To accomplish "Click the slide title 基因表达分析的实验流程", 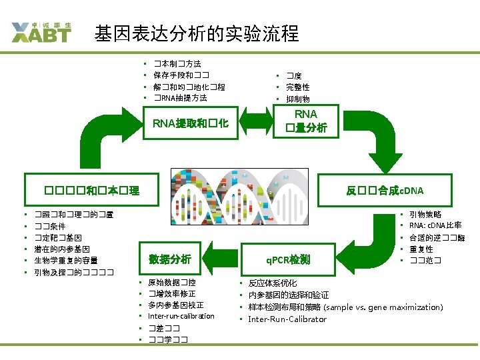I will pyautogui.click(x=197, y=33).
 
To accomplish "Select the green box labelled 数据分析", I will pyautogui.click(x=170, y=259).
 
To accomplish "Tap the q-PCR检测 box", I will pyautogui.click(x=287, y=259).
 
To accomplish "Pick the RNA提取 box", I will pyautogui.click(x=191, y=123).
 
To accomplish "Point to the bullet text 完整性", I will pyautogui.click(x=297, y=87).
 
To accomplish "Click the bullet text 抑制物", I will pyautogui.click(x=297, y=99).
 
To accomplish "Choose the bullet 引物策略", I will pyautogui.click(x=425, y=215).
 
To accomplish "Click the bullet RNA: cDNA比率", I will pyautogui.click(x=435, y=225).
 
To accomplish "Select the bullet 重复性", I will pyautogui.click(x=421, y=249).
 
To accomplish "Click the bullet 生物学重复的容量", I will pyautogui.click(x=66, y=260).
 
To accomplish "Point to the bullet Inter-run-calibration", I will pyautogui.click(x=181, y=316).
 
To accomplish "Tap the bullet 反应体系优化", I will pyautogui.click(x=273, y=283).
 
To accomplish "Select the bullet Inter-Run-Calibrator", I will pyautogui.click(x=287, y=319).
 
